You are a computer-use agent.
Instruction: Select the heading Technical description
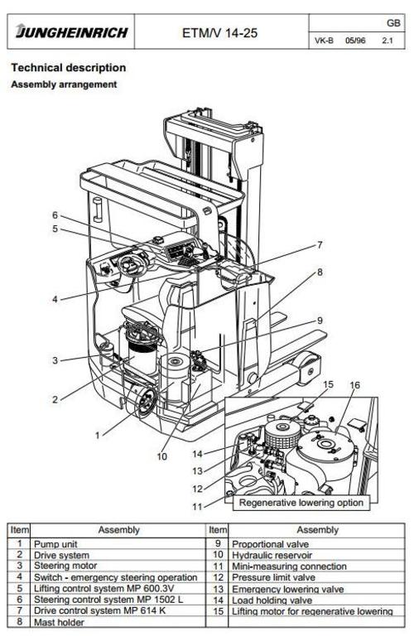(x=68, y=67)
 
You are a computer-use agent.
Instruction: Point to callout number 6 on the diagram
(x=55, y=215)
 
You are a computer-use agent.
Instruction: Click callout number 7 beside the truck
(x=318, y=245)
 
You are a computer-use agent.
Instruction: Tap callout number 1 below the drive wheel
(x=96, y=433)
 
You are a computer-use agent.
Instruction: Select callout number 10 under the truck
(x=162, y=455)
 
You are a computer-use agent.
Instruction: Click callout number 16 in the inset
(x=355, y=385)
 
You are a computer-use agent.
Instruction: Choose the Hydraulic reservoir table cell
(x=265, y=554)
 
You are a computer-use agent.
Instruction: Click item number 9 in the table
(x=218, y=543)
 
